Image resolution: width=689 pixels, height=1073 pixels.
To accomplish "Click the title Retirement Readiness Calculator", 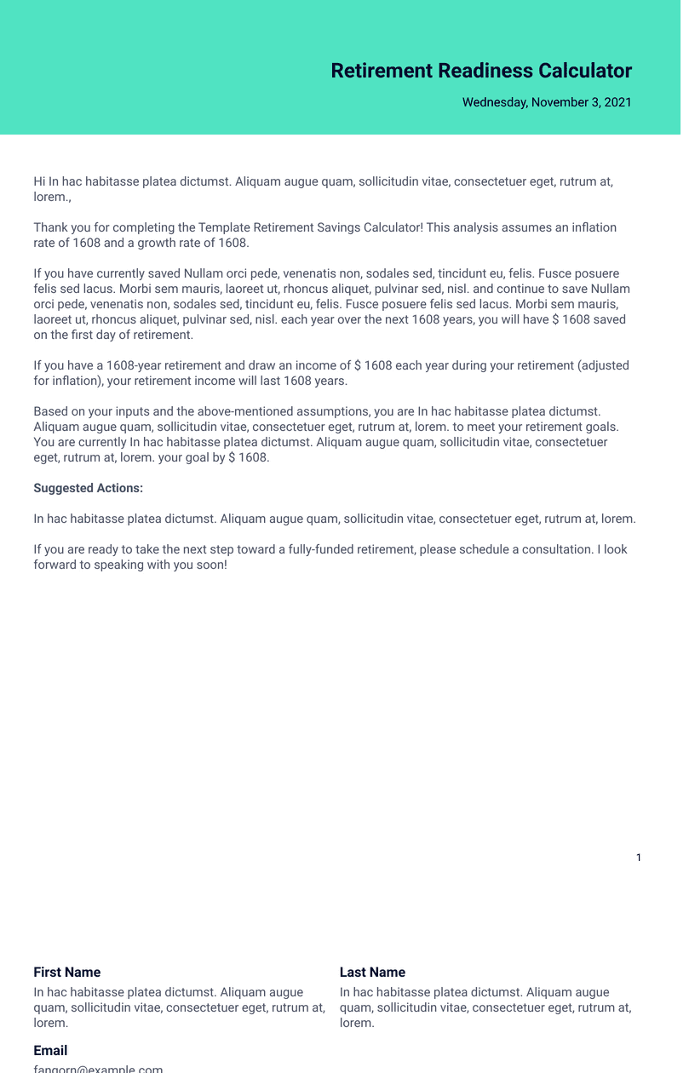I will click(481, 71).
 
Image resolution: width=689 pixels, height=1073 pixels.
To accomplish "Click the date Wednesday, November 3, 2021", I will click(547, 102).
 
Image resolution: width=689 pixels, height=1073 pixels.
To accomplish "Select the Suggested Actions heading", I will click(88, 488).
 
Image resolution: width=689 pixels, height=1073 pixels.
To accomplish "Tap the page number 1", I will click(639, 858).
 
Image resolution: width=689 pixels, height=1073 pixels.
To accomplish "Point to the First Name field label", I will click(66, 972).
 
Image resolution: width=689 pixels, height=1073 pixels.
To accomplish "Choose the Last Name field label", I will click(372, 972).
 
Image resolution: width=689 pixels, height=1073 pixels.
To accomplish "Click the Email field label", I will click(50, 1050).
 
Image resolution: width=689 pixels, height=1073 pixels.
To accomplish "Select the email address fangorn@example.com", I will click(98, 1069).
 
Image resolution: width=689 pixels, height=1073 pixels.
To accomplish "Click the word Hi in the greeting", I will click(39, 181).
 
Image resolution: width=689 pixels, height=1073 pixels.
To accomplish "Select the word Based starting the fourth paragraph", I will click(51, 411).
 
